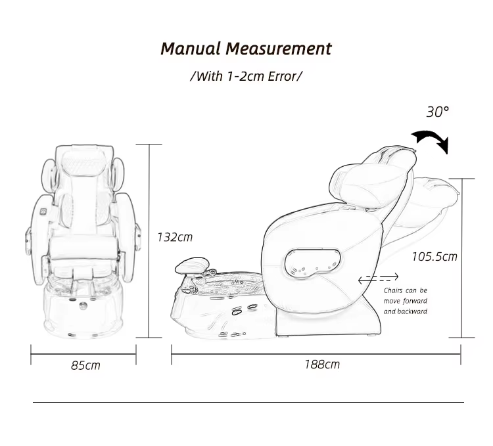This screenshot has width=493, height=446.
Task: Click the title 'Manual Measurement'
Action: pyautogui.click(x=246, y=49)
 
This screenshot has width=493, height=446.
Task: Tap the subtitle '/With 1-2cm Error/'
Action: pyautogui.click(x=246, y=76)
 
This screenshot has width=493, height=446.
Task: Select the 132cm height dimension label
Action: pyautogui.click(x=175, y=237)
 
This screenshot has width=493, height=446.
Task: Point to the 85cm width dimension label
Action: pyautogui.click(x=86, y=365)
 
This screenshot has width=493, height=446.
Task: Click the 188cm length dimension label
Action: pyautogui.click(x=321, y=364)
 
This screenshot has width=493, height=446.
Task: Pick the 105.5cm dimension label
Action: pyautogui.click(x=434, y=256)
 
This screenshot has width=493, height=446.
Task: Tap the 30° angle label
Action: pyautogui.click(x=438, y=112)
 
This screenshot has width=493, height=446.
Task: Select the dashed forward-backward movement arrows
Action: pyautogui.click(x=378, y=279)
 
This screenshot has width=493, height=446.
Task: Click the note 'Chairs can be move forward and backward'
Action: pyautogui.click(x=406, y=301)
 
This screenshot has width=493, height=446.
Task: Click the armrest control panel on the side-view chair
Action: pyautogui.click(x=313, y=263)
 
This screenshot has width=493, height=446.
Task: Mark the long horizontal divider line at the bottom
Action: pyautogui.click(x=248, y=402)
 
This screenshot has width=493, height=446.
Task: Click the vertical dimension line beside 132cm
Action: pyautogui.click(x=151, y=240)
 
